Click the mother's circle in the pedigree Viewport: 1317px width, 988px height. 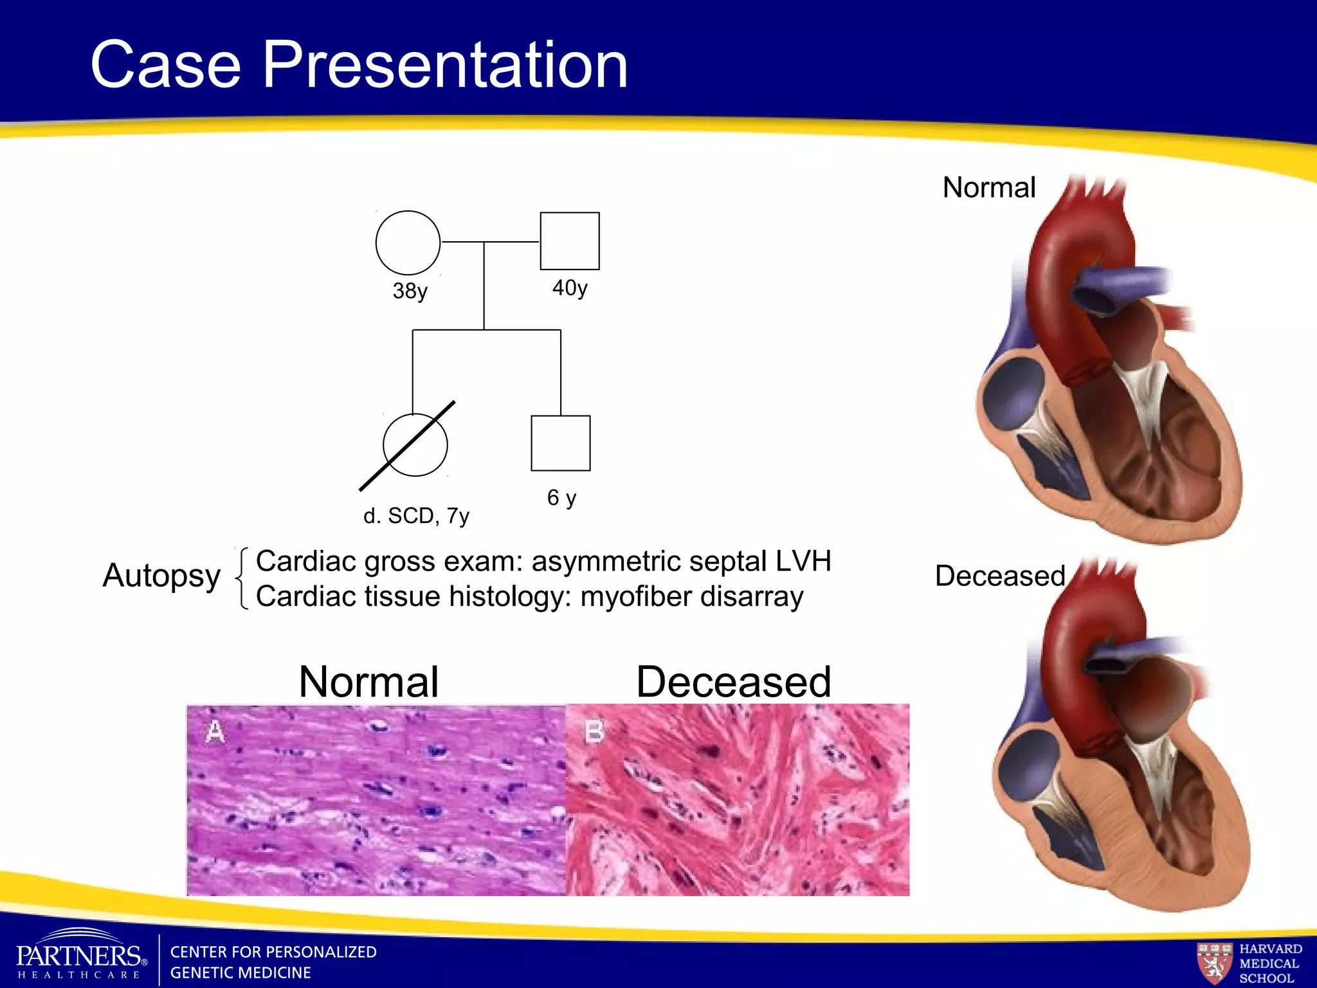[x=408, y=242]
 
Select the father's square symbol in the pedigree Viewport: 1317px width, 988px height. [x=569, y=241]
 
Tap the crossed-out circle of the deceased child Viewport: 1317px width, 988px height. [x=415, y=444]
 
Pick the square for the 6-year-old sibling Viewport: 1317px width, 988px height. [x=560, y=443]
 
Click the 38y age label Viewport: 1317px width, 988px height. [x=410, y=291]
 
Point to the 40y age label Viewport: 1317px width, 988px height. [x=570, y=288]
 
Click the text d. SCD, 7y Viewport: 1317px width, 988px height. [x=416, y=516]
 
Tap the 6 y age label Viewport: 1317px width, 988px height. [x=561, y=497]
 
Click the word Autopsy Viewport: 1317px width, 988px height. [x=161, y=575]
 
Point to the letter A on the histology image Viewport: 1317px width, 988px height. [x=215, y=731]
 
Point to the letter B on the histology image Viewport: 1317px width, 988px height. [x=594, y=731]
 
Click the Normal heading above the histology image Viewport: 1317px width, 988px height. [x=368, y=682]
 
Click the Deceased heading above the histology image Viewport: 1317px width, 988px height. [x=733, y=682]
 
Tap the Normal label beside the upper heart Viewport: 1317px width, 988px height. [x=988, y=188]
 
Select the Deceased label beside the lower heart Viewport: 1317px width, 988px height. [x=1000, y=576]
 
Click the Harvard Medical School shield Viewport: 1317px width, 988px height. [x=1214, y=962]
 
